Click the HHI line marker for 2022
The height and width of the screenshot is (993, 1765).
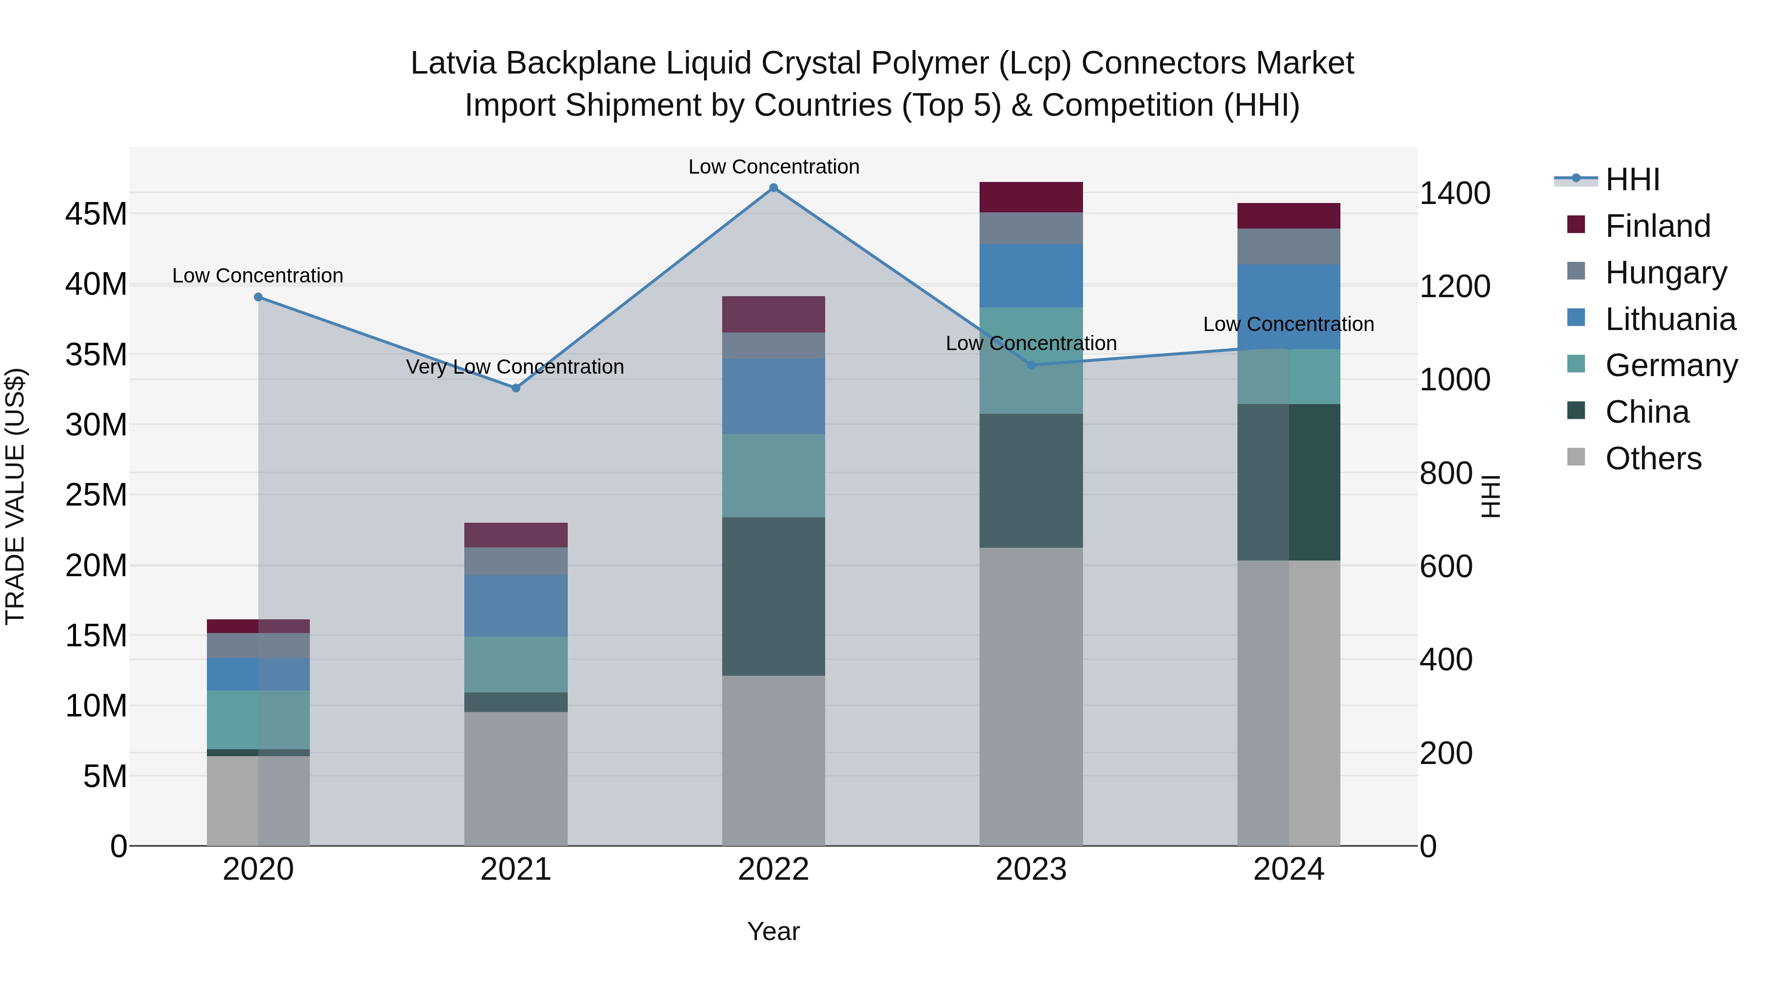(x=774, y=188)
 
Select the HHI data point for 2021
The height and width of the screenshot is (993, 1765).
(x=516, y=388)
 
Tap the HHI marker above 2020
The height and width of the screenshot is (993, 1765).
(x=258, y=297)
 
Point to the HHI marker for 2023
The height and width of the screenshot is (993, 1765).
(x=1031, y=364)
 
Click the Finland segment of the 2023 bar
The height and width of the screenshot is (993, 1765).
(x=1031, y=197)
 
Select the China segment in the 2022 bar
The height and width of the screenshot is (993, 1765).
(x=774, y=596)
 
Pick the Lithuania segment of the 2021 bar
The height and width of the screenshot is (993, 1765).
(x=516, y=606)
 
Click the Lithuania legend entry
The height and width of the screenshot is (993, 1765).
(x=1670, y=319)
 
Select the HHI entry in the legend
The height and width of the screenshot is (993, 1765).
(x=1632, y=179)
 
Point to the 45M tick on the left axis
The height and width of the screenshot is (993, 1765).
(x=96, y=214)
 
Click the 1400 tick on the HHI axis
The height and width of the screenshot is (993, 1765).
(x=1455, y=193)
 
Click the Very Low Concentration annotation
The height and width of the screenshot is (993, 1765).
(x=515, y=367)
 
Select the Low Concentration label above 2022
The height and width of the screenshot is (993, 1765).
(x=774, y=167)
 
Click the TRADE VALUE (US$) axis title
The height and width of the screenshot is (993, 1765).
(x=15, y=496)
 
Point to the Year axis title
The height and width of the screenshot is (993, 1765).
(x=774, y=931)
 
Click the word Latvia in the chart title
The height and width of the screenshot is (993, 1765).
(x=453, y=63)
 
